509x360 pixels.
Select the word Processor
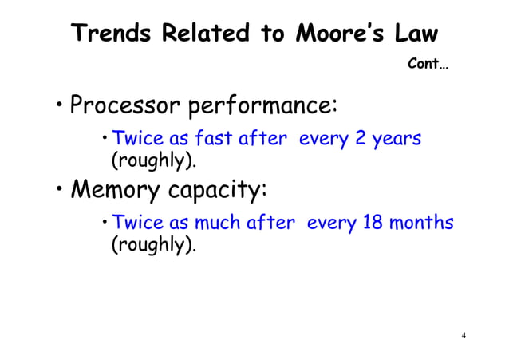pos(124,105)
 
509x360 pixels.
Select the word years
pos(395,139)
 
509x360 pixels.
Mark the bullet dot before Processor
pos(60,106)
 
